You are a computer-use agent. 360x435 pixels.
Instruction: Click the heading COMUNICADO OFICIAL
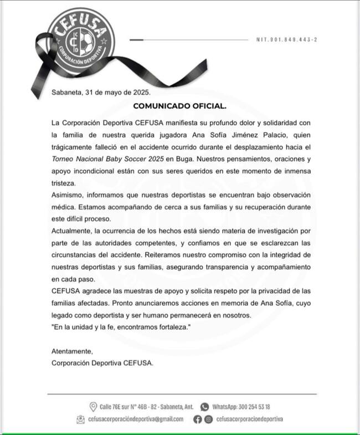(x=180, y=105)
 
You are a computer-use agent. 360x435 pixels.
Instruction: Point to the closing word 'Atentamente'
(x=72, y=351)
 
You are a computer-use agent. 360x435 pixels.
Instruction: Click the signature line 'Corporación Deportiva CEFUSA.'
(x=102, y=364)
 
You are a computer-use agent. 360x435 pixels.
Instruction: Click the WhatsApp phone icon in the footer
(x=204, y=406)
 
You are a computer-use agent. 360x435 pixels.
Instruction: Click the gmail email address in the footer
(x=136, y=419)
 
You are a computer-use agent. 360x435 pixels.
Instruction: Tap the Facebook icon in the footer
(x=198, y=419)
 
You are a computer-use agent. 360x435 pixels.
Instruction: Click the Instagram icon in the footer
(x=208, y=419)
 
